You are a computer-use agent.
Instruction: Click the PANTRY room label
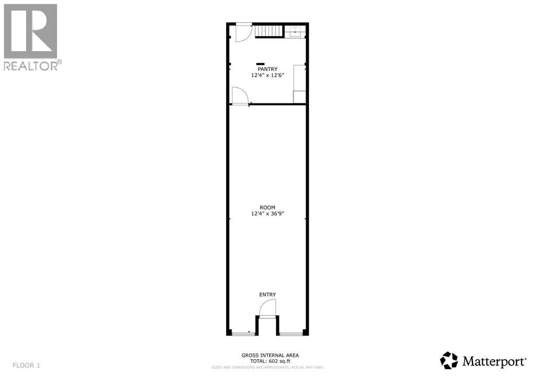[x=266, y=69]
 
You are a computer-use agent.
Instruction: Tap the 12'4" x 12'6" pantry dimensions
[x=266, y=75]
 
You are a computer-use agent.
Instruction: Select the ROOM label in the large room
[x=267, y=207]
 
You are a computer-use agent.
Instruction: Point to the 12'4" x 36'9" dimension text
[x=267, y=214]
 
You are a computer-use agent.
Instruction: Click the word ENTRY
[x=267, y=295]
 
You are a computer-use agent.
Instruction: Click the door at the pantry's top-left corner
[x=241, y=32]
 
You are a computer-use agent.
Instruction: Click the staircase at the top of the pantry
[x=270, y=31]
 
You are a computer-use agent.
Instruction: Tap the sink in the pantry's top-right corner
[x=296, y=32]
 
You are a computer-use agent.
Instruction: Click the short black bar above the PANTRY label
[x=260, y=64]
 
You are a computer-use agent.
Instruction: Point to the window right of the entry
[x=292, y=333]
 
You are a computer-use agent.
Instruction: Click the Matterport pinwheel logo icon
[x=449, y=360]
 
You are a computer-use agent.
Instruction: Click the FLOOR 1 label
[x=26, y=365]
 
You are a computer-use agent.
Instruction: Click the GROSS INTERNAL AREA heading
[x=270, y=355]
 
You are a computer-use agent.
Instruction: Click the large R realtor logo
[x=30, y=31]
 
